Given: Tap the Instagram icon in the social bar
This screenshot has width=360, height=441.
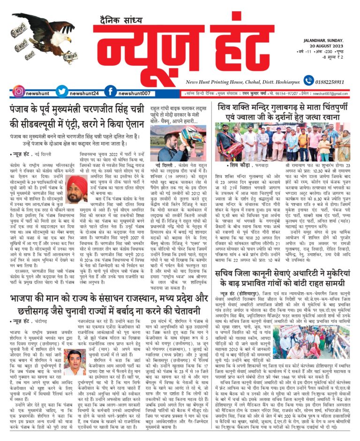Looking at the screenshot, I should coord(18,92).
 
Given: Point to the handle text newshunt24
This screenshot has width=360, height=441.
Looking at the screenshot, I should coord(84,93).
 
